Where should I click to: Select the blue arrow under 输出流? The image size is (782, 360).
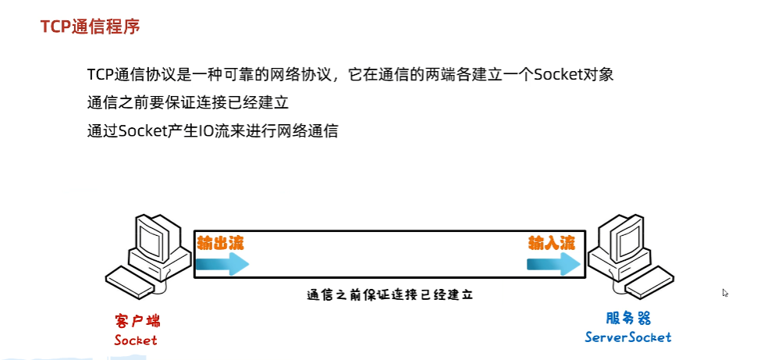[222, 264]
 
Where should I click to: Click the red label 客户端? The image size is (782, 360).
[136, 321]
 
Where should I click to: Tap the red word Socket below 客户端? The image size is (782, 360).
[136, 340]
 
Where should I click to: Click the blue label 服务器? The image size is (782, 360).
[628, 319]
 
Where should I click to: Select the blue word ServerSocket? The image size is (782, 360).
[628, 337]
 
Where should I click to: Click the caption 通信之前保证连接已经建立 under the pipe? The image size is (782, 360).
[390, 296]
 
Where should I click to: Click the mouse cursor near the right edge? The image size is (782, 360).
[725, 293]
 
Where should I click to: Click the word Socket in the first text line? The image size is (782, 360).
[554, 75]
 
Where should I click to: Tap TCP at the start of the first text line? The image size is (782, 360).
[101, 75]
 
